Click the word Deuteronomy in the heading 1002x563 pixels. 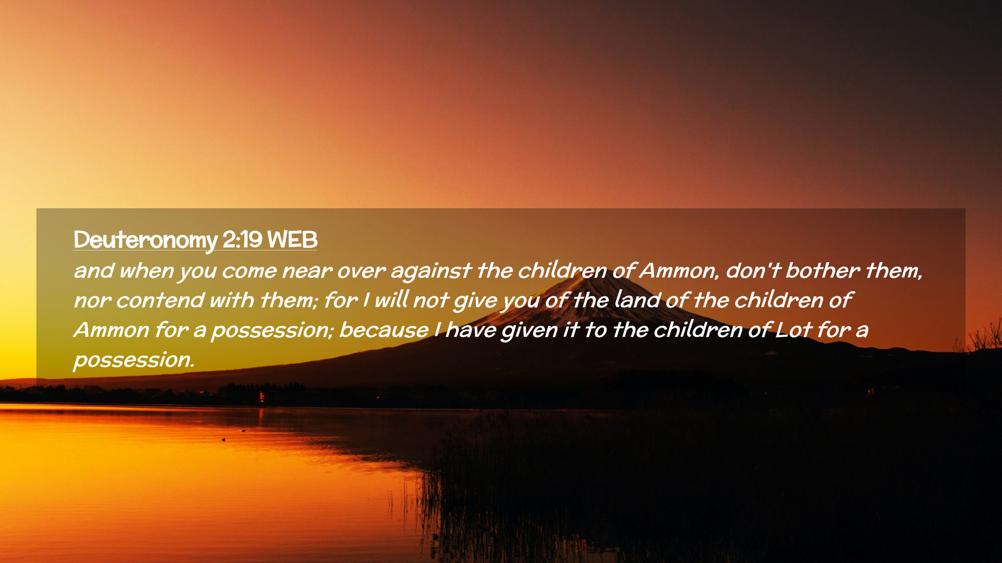coord(145,240)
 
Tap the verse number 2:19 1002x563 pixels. coord(242,239)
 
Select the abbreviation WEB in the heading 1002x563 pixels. coord(292,239)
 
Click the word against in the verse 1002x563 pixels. coord(431,271)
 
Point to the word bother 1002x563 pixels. coord(822,270)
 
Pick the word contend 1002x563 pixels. coord(159,300)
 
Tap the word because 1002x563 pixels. coord(384,330)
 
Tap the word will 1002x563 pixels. coord(391,300)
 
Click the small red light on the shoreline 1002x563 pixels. coord(261,397)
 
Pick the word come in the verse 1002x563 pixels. coord(249,271)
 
